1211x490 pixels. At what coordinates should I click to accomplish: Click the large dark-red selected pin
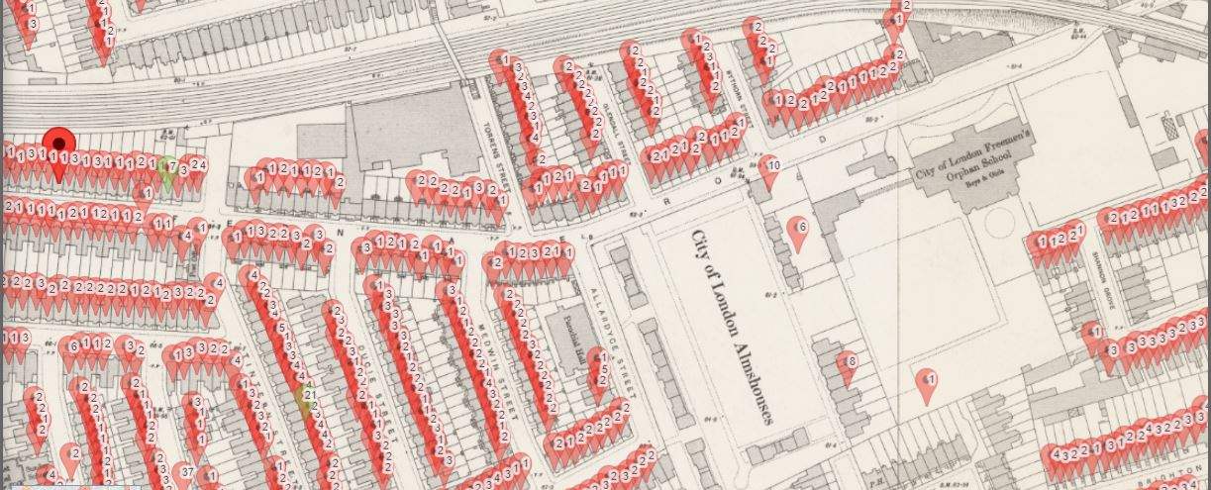pos(59,146)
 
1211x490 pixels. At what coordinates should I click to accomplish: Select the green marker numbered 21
pos(306,397)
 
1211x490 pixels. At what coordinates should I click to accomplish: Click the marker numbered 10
pos(770,167)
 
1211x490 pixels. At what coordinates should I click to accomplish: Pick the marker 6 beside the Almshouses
pos(798,230)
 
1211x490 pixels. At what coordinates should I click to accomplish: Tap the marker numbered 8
pos(848,364)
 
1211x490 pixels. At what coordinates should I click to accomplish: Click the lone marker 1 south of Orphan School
pos(928,381)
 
